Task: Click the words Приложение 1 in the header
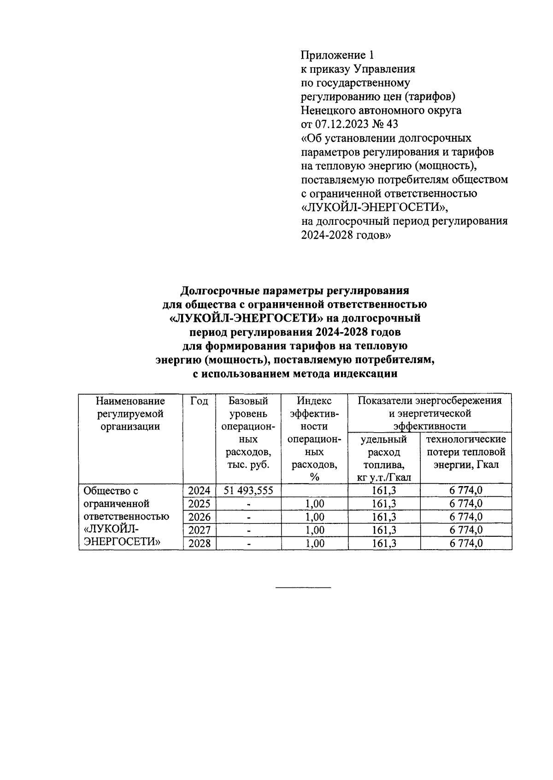point(337,55)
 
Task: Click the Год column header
point(199,401)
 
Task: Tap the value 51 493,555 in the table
point(248,491)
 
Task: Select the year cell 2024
point(199,491)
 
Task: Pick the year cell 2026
point(199,517)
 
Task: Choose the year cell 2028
point(199,544)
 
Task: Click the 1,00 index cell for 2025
point(315,504)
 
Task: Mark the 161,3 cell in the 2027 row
point(384,530)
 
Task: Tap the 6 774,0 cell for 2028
point(466,544)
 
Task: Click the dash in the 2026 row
point(248,517)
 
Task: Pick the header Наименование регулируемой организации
point(130,413)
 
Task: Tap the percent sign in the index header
point(315,477)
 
